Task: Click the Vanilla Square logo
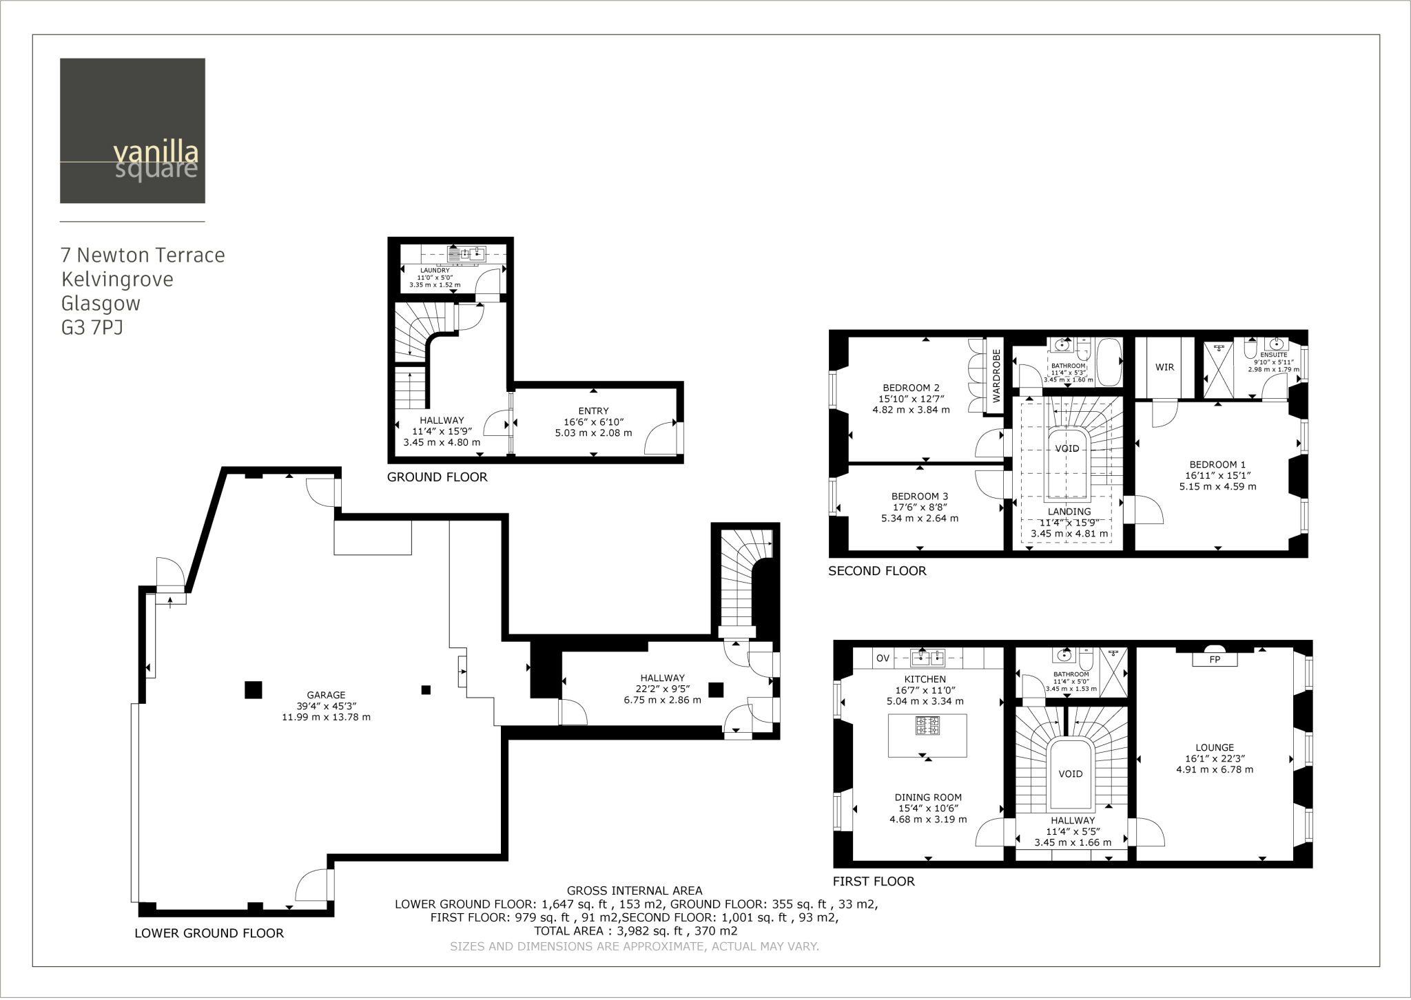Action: tap(132, 131)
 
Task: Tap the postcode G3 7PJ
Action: tap(92, 328)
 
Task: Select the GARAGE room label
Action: tap(326, 695)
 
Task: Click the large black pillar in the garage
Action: tap(253, 689)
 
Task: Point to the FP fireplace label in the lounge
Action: tap(1215, 659)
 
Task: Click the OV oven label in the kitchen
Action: tap(883, 658)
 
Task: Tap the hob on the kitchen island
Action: tap(927, 725)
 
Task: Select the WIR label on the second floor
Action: tap(1164, 367)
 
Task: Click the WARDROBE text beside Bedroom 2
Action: tap(996, 375)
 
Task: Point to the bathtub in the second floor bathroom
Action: tap(1109, 362)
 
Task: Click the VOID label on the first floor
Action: tap(1070, 773)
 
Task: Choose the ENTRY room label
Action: tap(593, 411)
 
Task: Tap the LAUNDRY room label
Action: tap(435, 271)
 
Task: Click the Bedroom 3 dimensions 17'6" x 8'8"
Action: tap(919, 508)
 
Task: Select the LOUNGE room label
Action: tap(1215, 747)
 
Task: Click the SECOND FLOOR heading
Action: tap(876, 571)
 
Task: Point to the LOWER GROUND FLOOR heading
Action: tap(209, 933)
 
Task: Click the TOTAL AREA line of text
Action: tap(635, 931)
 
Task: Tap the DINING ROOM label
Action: tap(928, 798)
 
